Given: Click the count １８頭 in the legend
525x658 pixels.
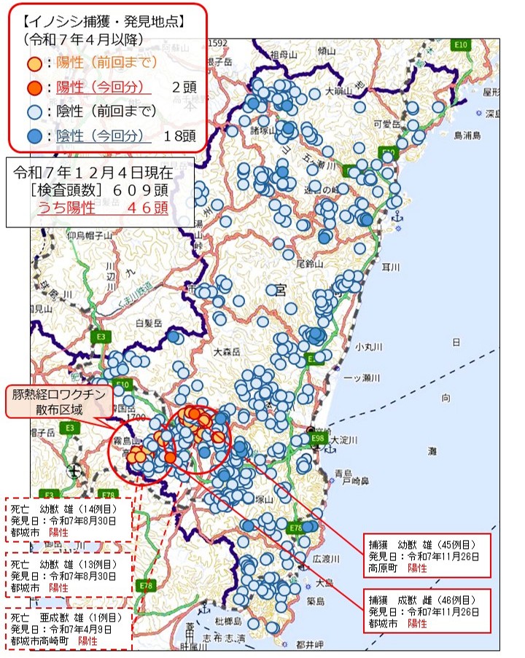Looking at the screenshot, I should (178, 136).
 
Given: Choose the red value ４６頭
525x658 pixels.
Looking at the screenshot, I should (147, 208).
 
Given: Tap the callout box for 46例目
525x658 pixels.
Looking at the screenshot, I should (427, 610).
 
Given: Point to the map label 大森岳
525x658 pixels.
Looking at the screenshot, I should (227, 352).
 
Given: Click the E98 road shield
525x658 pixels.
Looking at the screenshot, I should (318, 439).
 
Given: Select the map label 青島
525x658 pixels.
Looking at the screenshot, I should (343, 473).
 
